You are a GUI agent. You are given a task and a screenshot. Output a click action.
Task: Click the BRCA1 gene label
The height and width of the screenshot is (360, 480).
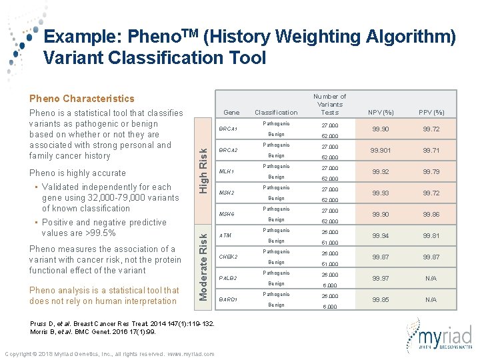tap(228, 129)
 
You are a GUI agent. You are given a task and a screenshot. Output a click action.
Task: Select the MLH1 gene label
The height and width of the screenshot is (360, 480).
tap(227, 171)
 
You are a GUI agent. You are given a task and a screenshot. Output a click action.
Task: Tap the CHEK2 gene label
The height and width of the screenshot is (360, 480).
tap(229, 257)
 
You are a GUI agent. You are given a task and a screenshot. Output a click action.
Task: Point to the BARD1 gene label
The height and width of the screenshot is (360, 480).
tap(229, 299)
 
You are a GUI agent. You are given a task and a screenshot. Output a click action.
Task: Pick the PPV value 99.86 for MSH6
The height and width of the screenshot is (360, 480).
tap(431, 215)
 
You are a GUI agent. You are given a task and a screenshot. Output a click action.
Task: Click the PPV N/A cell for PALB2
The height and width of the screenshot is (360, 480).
tap(431, 278)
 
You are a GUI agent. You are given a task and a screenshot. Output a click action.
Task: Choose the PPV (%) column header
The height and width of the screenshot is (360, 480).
tap(431, 112)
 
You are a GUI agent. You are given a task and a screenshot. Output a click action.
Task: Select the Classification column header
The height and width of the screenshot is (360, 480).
tap(276, 112)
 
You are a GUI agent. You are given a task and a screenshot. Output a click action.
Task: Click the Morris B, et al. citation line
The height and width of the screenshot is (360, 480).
tap(93, 331)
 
